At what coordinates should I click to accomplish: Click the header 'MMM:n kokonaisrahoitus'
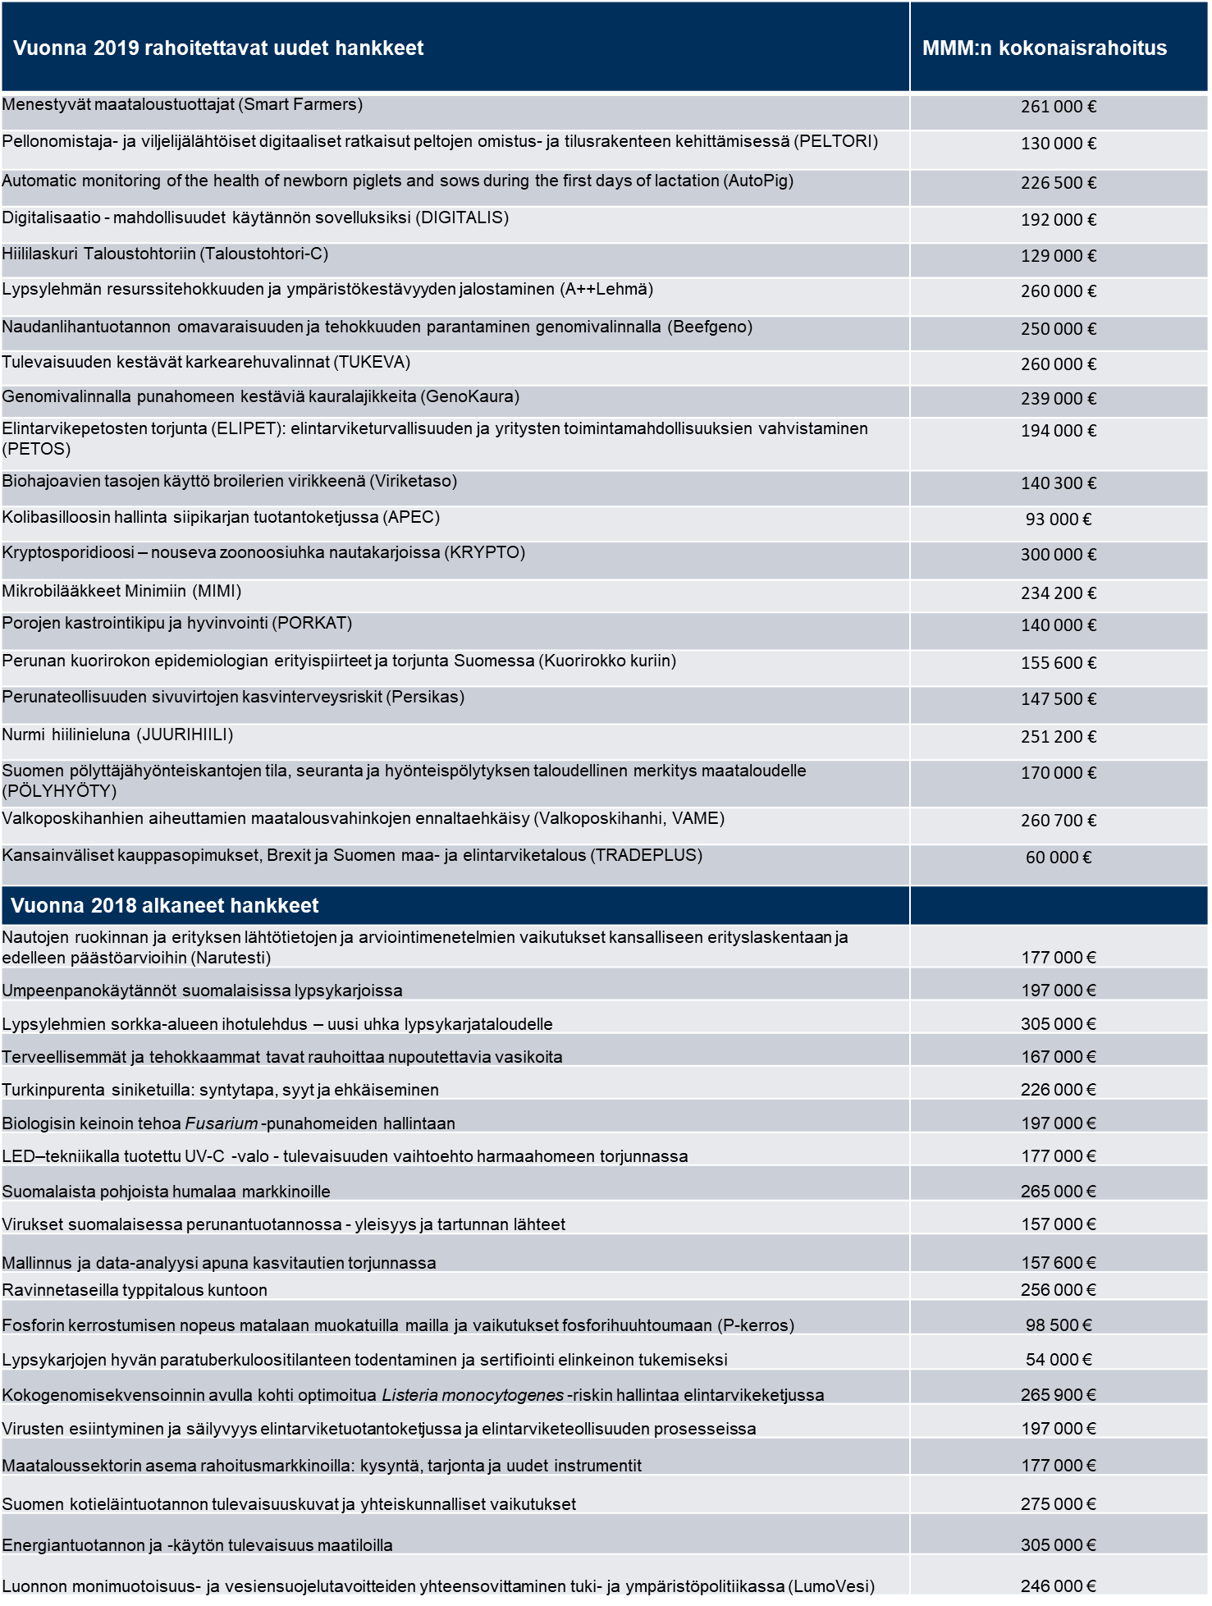[1044, 48]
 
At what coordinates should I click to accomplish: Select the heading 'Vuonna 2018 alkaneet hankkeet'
[165, 906]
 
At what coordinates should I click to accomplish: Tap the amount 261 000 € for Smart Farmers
[1058, 107]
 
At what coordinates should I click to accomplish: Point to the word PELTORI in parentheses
[835, 141]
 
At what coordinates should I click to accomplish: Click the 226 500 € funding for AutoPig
[1058, 183]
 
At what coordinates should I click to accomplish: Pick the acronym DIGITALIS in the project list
[462, 217]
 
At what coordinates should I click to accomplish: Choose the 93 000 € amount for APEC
[1058, 519]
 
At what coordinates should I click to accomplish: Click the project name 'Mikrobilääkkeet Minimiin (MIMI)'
[121, 592]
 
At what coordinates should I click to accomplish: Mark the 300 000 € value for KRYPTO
[1058, 555]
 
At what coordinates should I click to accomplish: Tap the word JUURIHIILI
[185, 734]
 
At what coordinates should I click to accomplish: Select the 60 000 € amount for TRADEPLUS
[1058, 858]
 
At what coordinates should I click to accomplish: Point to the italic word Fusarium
[222, 1123]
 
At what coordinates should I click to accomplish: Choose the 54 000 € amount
[1058, 1360]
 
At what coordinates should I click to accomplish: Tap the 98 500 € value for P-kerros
[1058, 1325]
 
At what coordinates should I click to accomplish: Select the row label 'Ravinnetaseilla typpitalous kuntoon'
[135, 1290]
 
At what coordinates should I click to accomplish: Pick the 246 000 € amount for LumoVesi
[1058, 1586]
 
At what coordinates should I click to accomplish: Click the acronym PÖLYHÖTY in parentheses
[59, 791]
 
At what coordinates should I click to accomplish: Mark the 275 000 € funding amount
[1058, 1504]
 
